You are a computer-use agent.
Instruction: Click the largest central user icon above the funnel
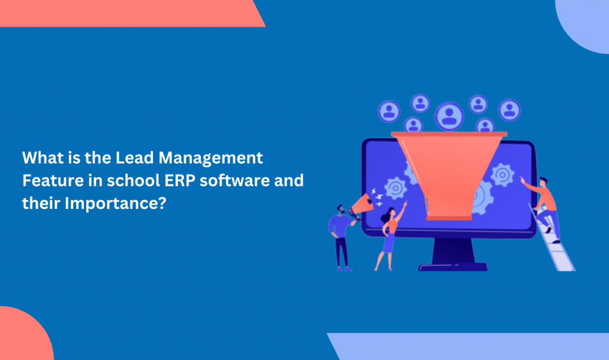[x=449, y=116]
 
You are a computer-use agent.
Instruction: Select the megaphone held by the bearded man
[x=361, y=204]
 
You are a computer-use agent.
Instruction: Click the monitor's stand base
[x=453, y=267]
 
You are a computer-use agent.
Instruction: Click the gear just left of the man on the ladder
[x=502, y=175]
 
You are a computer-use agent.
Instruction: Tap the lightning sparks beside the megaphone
[x=376, y=197]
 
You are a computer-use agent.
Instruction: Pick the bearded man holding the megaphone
[x=341, y=237]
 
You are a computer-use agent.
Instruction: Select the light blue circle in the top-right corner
[x=583, y=25]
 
